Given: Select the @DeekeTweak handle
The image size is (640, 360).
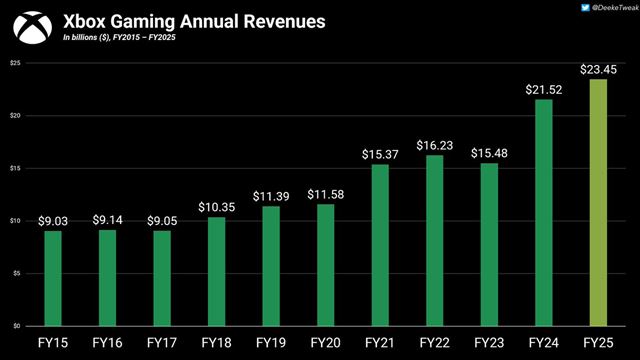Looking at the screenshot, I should pyautogui.click(x=602, y=8).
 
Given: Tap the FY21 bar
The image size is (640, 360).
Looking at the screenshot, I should pyautogui.click(x=379, y=245).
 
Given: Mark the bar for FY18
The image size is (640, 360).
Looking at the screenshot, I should pyautogui.click(x=216, y=271).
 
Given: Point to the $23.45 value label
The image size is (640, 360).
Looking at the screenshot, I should pyautogui.click(x=597, y=68).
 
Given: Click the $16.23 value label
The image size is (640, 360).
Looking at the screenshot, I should pyautogui.click(x=433, y=143).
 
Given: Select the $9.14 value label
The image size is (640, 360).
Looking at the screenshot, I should pyautogui.click(x=107, y=218).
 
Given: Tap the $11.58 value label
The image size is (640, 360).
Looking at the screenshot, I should pyautogui.click(x=325, y=193).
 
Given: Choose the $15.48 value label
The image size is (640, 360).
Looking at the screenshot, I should pyautogui.click(x=488, y=151).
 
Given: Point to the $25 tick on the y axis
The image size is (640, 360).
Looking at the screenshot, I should pyautogui.click(x=14, y=63).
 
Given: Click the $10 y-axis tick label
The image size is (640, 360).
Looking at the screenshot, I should pyautogui.click(x=14, y=221).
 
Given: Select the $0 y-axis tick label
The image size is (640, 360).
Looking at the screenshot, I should pyautogui.click(x=15, y=326).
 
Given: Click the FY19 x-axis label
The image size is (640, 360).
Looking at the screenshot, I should pyautogui.click(x=270, y=343).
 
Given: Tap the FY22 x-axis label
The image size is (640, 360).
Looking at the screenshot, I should pyautogui.click(x=433, y=343).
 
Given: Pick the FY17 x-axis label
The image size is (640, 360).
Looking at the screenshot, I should pyautogui.click(x=162, y=343).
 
